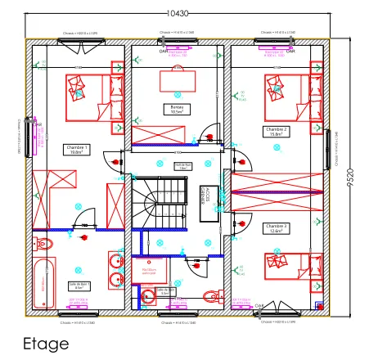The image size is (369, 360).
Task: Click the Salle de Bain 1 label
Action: pos(75,286)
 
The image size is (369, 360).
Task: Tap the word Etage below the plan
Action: pos(46,344)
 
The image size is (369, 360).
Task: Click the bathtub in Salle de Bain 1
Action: pos(43,283)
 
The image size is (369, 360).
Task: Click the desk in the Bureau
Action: pos(177,79)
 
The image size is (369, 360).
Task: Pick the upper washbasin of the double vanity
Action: pos(115,263)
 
